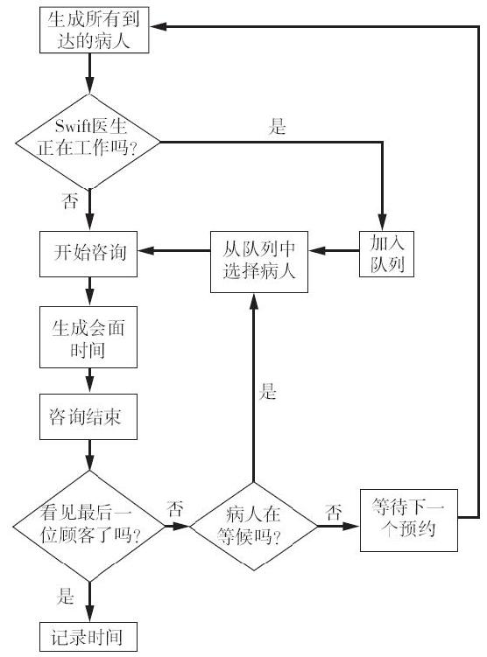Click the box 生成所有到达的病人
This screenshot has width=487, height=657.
click(x=94, y=30)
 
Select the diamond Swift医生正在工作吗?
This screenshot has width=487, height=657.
click(x=88, y=142)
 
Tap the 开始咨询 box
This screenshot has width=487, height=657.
click(x=88, y=254)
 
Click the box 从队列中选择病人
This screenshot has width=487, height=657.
click(x=258, y=262)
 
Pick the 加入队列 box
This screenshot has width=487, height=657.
click(x=387, y=254)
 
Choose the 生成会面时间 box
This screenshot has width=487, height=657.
click(x=88, y=338)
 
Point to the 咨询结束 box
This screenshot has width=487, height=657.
click(x=88, y=416)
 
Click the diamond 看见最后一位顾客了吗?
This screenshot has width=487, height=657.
click(x=89, y=527)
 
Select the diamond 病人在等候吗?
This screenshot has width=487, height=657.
click(x=254, y=527)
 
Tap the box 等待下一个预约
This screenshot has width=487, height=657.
click(x=408, y=520)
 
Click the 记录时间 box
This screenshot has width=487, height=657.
click(x=88, y=637)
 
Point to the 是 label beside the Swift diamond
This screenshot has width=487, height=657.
click(x=277, y=126)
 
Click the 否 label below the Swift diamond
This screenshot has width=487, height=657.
click(x=70, y=200)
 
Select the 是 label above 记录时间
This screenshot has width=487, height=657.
click(x=65, y=596)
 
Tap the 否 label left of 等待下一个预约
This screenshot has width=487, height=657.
click(x=334, y=512)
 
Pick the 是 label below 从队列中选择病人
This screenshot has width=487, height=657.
click(x=267, y=391)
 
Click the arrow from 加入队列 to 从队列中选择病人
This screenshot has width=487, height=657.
click(x=334, y=251)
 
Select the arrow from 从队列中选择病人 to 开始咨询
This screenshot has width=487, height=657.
click(x=174, y=251)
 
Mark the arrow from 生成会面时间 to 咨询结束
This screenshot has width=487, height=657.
click(x=89, y=381)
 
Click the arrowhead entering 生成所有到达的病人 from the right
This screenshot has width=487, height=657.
click(x=158, y=26)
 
